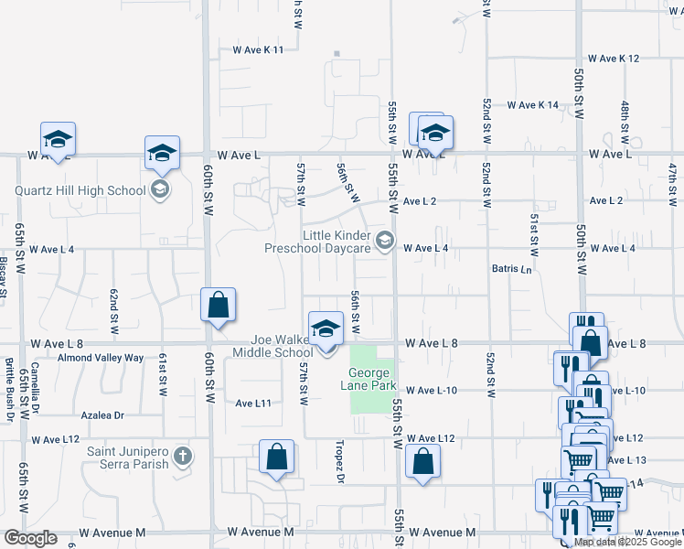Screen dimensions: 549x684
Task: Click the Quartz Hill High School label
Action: point(80,191)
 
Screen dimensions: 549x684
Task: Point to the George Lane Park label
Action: point(371,379)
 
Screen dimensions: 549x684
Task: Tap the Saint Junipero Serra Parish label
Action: point(128,457)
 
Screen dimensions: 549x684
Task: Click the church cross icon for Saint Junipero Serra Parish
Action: point(183,457)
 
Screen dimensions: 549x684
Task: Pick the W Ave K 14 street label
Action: point(533,105)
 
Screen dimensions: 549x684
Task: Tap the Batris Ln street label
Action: point(512,271)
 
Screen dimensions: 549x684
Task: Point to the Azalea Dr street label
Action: point(101,415)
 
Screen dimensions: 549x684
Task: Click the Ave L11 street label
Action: point(253,404)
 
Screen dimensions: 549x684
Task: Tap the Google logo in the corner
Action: point(30,538)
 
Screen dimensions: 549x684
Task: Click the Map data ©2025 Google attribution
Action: point(628,542)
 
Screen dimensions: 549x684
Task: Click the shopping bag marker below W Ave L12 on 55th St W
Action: point(422,463)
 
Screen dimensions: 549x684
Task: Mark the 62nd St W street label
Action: point(114,307)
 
